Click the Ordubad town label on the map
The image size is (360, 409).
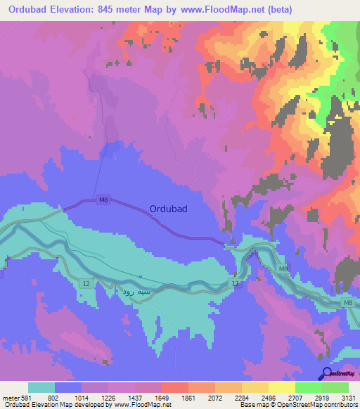point(168,209)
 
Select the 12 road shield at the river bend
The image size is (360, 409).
point(236,283)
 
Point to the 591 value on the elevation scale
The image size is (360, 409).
point(21,398)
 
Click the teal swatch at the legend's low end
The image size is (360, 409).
point(41,387)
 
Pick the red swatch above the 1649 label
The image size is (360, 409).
point(175,387)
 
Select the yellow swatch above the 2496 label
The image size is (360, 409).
point(255,387)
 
